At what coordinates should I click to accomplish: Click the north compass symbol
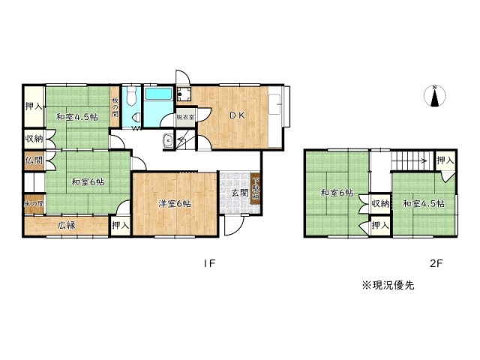click(435, 97)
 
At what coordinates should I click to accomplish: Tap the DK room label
click(237, 115)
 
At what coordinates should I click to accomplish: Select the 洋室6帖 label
click(175, 202)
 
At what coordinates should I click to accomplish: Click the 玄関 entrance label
click(240, 193)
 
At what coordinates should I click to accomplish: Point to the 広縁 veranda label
click(68, 223)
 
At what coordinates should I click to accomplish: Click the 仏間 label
click(33, 160)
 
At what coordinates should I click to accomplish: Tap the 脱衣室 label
click(185, 117)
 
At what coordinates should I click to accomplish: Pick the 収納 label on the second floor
click(379, 202)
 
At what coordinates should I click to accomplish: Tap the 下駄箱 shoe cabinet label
click(255, 189)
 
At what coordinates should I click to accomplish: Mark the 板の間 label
click(115, 110)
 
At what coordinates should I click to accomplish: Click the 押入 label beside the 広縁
click(120, 224)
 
